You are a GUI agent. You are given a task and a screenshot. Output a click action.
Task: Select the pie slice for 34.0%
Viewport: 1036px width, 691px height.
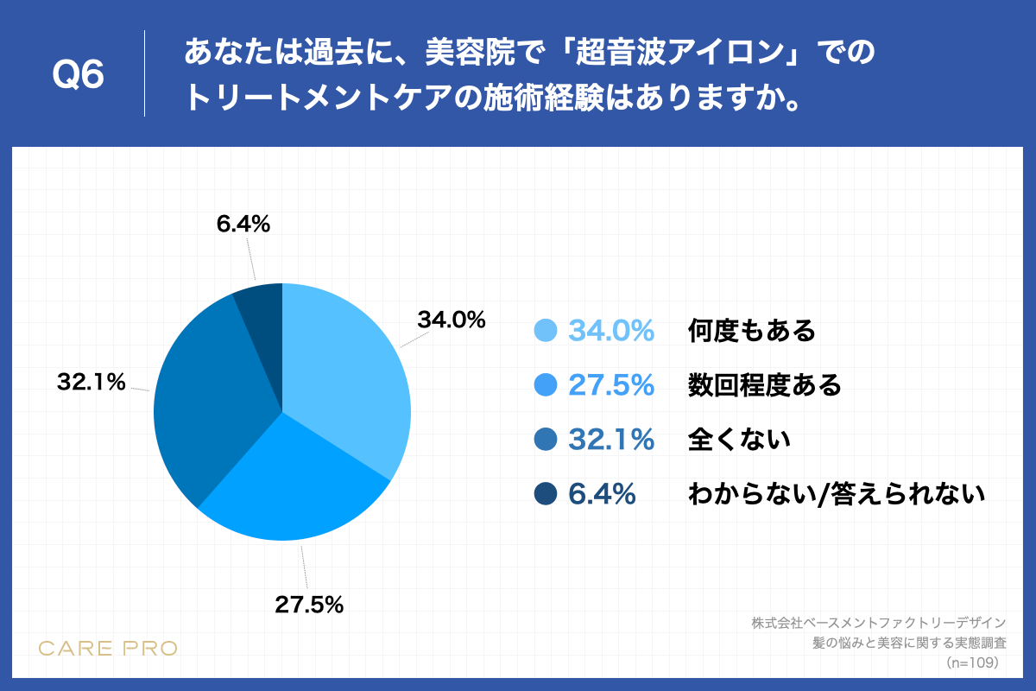345,371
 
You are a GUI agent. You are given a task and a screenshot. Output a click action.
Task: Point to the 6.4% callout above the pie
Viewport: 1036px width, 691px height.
243,225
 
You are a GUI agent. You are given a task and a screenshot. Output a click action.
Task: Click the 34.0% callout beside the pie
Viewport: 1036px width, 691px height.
452,320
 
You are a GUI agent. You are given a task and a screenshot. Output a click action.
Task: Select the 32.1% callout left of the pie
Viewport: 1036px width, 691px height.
92,381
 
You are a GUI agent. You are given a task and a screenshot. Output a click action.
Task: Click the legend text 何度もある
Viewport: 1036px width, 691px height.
751,331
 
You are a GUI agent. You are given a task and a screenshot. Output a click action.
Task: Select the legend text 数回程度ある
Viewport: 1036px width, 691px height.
764,385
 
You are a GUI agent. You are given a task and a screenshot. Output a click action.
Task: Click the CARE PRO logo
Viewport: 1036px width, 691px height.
109,648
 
